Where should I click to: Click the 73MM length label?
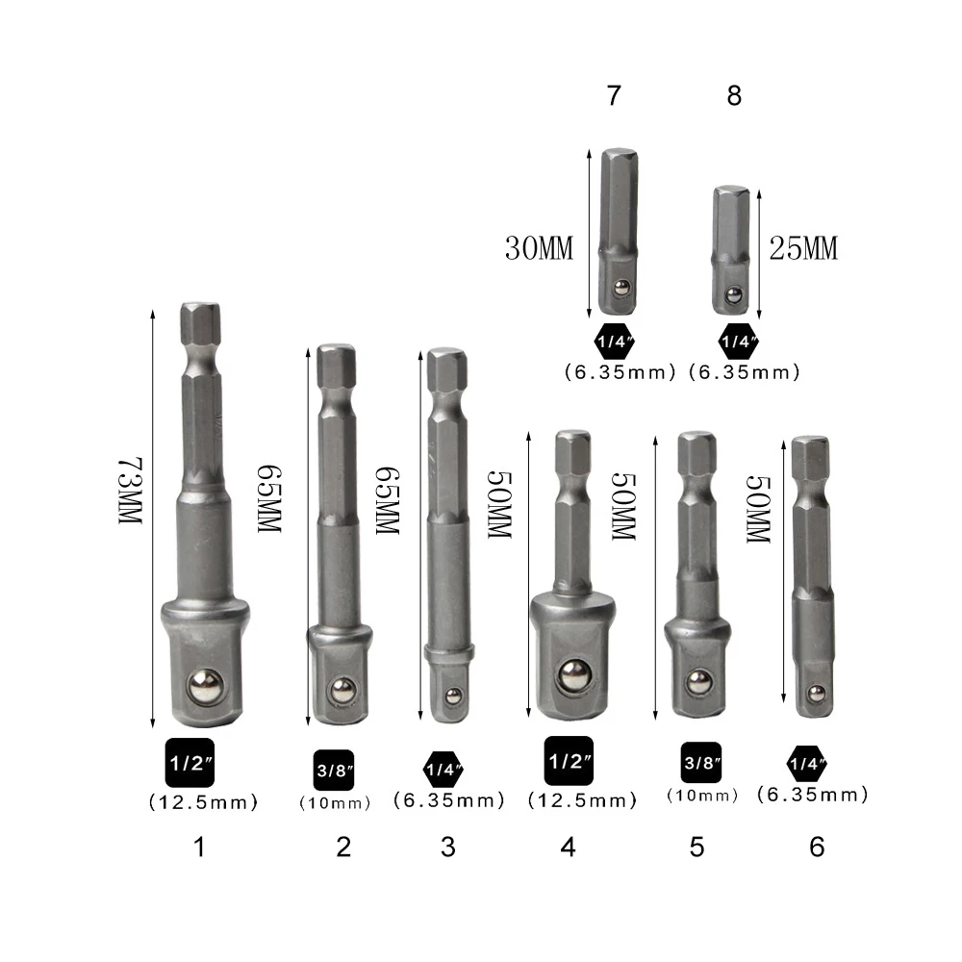130,491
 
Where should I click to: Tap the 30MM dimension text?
539,248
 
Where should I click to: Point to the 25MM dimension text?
803,248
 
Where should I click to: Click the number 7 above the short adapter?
614,95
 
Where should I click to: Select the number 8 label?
734,95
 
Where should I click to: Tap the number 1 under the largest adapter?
199,847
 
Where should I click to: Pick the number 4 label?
569,847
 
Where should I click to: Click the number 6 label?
817,847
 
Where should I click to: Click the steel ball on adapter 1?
206,686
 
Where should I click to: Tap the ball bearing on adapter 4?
575,676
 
